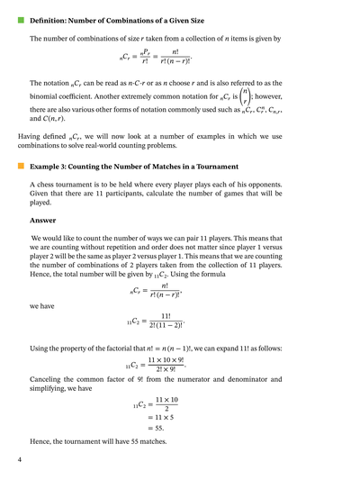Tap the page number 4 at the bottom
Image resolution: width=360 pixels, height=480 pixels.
[x=20, y=460]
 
